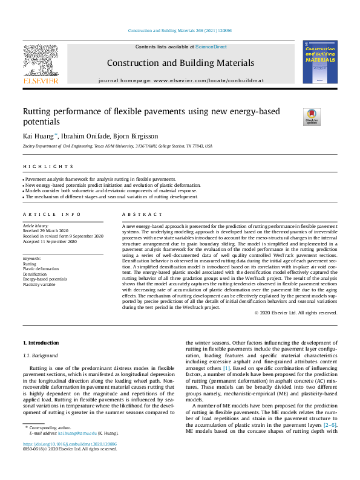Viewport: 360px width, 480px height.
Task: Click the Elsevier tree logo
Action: [x=41, y=63]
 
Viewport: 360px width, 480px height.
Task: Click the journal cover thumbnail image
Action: [x=319, y=63]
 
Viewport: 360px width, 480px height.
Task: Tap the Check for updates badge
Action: [x=312, y=116]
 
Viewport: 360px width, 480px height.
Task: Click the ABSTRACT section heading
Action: [x=143, y=215]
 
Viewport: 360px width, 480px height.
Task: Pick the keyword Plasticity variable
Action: [x=40, y=284]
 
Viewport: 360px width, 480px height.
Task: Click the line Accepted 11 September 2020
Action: [x=50, y=241]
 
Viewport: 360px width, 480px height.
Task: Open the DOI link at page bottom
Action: [x=74, y=461]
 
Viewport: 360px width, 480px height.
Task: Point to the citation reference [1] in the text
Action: [x=226, y=368]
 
